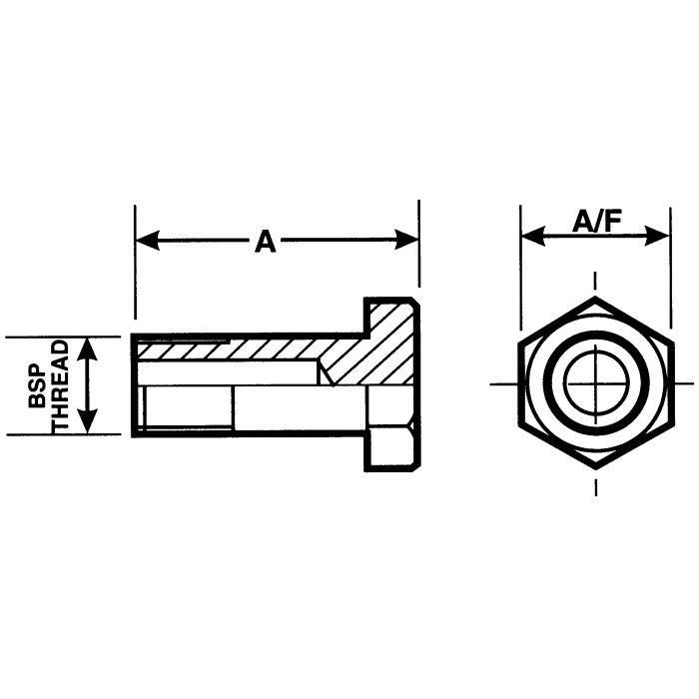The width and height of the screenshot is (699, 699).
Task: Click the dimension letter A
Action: pyautogui.click(x=265, y=241)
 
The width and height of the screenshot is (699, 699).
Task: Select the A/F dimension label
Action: pyautogui.click(x=596, y=222)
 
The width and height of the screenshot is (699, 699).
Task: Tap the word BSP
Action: pyautogui.click(x=36, y=385)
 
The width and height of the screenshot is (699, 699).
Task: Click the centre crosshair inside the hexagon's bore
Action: pyautogui.click(x=596, y=382)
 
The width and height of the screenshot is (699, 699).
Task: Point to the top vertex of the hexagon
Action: pyautogui.click(x=596, y=299)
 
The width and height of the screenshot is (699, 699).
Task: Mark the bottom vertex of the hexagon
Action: pyautogui.click(x=596, y=467)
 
